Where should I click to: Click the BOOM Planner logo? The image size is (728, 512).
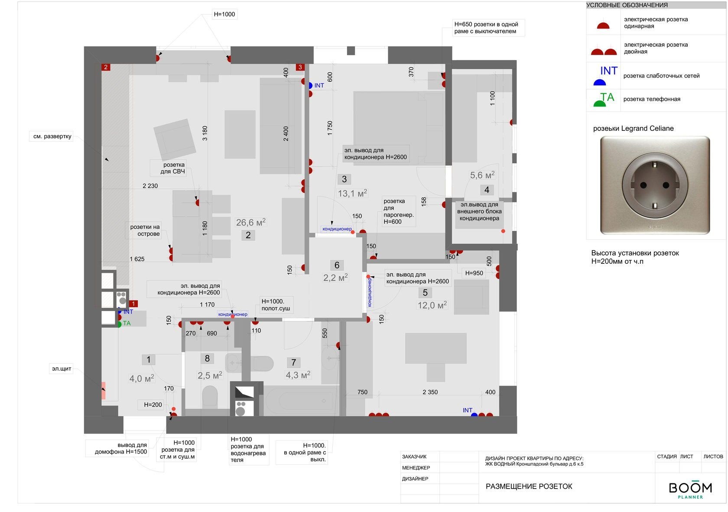690,489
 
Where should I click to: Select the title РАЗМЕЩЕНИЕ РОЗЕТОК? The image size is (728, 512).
529,486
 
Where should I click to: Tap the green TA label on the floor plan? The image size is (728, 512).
127,323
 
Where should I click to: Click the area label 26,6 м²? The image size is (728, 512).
250,222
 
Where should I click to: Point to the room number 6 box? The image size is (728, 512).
337,265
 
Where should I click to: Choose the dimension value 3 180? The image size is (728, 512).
205,133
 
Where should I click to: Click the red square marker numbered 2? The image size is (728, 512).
106,67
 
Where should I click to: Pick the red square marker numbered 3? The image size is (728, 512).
300,67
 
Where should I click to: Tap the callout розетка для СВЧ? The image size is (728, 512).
172,168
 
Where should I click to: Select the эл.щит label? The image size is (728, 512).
62,368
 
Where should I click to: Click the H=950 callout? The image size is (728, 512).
474,273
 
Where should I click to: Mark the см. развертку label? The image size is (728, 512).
52,136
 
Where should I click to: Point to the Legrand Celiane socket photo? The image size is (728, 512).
655,185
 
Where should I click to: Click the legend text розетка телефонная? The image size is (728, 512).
652,99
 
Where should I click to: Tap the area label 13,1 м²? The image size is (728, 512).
352,193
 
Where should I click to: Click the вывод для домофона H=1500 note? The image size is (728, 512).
121,448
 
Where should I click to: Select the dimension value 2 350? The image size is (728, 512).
430,392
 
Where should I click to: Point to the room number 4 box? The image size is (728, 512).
487,190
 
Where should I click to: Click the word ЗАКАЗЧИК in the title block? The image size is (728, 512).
414,457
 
